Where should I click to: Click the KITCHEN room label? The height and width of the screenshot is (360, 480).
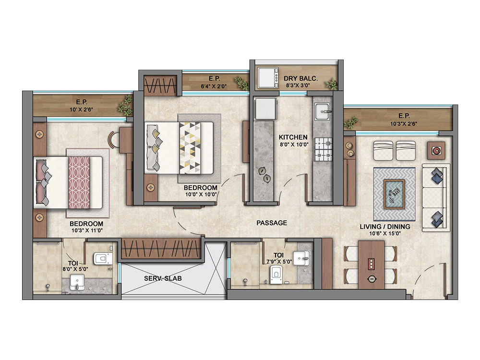[x=293, y=137]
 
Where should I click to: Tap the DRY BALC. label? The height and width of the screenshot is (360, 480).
[x=300, y=79]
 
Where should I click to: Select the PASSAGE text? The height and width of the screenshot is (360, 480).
[x=272, y=223]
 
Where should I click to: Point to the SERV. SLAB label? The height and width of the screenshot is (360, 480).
[x=163, y=278]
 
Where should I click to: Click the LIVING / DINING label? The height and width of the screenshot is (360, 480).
[x=385, y=227]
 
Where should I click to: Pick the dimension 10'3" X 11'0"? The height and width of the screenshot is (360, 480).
[x=87, y=230]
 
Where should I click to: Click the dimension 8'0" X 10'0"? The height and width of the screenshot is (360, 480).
[x=294, y=144]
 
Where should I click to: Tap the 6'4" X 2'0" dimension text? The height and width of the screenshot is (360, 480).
[x=214, y=86]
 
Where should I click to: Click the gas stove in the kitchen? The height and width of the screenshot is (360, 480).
[x=324, y=149]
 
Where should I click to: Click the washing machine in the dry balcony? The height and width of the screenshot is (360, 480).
[x=268, y=78]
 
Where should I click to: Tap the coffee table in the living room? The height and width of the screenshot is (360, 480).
[x=394, y=194]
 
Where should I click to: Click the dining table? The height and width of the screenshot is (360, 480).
[x=371, y=264]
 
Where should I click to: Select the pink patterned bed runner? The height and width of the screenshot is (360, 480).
[x=79, y=182]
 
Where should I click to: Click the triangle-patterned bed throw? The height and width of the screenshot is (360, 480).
[x=190, y=148]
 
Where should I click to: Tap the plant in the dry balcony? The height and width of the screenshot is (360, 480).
[x=332, y=84]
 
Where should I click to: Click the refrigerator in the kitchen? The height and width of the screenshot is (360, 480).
[x=266, y=109]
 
